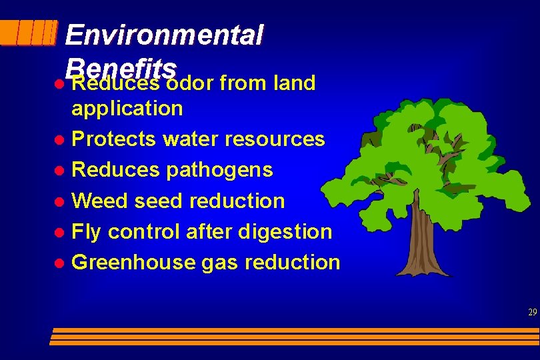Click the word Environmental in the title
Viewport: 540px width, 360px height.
coord(164,35)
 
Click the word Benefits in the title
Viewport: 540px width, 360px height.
coord(121,67)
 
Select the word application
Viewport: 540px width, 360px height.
coord(127,108)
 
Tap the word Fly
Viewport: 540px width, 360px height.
coord(86,231)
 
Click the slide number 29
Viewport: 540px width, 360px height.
coord(532,312)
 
